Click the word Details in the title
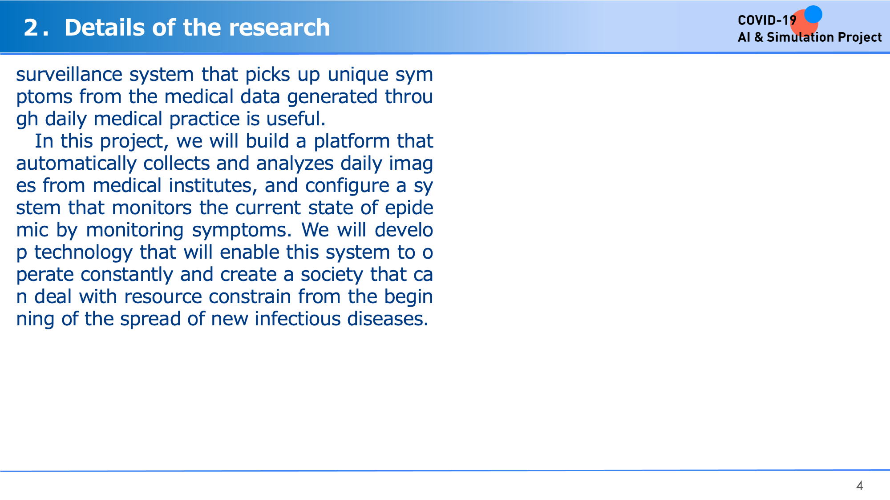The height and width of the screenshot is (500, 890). click(x=105, y=28)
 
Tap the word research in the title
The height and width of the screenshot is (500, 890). click(x=279, y=28)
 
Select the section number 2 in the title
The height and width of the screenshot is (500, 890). click(x=31, y=28)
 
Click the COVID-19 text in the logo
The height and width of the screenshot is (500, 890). click(x=767, y=20)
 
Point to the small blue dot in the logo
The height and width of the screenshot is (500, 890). click(x=813, y=14)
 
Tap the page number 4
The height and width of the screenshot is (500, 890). click(x=860, y=486)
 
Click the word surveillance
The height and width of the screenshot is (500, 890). click(x=69, y=74)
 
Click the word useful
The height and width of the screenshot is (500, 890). click(x=296, y=119)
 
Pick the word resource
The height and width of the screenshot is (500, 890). click(x=163, y=296)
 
